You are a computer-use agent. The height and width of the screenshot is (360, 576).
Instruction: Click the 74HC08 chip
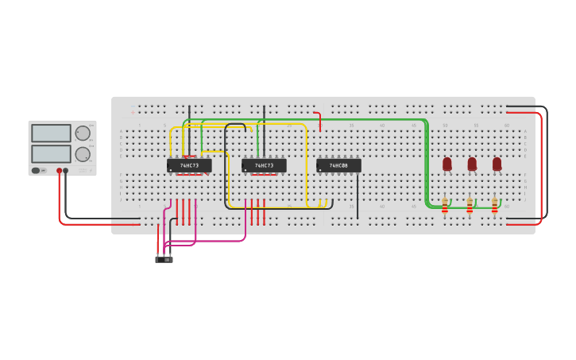pyautogui.click(x=338, y=165)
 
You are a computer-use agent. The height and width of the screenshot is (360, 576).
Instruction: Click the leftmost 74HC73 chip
pyautogui.click(x=189, y=165)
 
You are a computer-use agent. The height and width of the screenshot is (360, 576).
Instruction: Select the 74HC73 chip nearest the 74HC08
pyautogui.click(x=264, y=165)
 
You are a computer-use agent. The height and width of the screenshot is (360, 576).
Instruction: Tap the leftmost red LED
pyautogui.click(x=447, y=163)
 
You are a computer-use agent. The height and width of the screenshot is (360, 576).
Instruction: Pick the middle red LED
pyautogui.click(x=472, y=163)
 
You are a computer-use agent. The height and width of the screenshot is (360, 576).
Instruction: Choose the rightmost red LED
pyautogui.click(x=497, y=163)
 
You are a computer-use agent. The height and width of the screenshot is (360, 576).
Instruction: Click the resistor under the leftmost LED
pyautogui.click(x=445, y=206)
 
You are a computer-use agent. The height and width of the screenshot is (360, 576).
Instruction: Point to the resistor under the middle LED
pyautogui.click(x=470, y=206)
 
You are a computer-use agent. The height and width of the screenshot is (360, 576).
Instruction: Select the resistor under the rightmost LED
pyautogui.click(x=494, y=206)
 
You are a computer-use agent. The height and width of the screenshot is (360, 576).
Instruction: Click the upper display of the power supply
pyautogui.click(x=51, y=133)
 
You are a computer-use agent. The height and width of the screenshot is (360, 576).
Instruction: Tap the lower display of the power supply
pyautogui.click(x=51, y=153)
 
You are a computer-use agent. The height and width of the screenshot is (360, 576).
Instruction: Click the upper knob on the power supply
pyautogui.click(x=83, y=133)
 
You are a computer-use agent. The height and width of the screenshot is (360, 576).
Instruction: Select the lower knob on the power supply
pyautogui.click(x=83, y=154)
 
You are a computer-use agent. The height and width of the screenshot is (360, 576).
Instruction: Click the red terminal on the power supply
pyautogui.click(x=59, y=171)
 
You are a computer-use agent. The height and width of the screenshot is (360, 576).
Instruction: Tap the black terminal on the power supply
pyautogui.click(x=66, y=171)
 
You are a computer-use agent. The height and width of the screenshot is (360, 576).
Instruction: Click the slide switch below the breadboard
pyautogui.click(x=164, y=259)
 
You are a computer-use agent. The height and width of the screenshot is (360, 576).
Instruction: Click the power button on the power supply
pyautogui.click(x=36, y=170)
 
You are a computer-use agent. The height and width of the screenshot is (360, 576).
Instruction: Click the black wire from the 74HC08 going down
pyautogui.click(x=358, y=195)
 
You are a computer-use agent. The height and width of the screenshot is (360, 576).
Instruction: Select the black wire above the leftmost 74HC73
pyautogui.click(x=189, y=119)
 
